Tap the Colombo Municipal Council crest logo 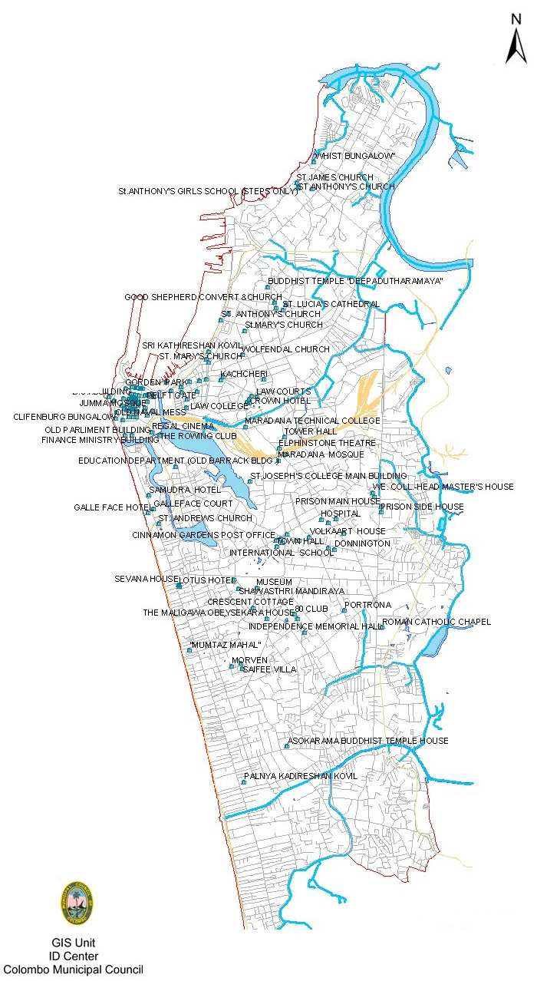click(x=76, y=903)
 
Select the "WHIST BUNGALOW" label click(x=354, y=156)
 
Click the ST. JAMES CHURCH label click(x=334, y=177)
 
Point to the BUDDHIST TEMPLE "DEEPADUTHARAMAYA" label click(x=355, y=281)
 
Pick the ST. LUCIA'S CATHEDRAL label click(x=331, y=304)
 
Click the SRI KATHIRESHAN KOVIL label click(x=192, y=345)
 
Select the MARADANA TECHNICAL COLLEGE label click(x=312, y=421)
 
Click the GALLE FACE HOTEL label click(x=112, y=507)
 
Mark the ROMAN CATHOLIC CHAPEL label click(x=436, y=622)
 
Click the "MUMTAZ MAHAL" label click(x=226, y=645)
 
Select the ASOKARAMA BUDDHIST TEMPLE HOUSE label click(x=367, y=741)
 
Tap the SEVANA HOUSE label click(x=147, y=579)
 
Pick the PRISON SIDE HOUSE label click(x=421, y=507)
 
